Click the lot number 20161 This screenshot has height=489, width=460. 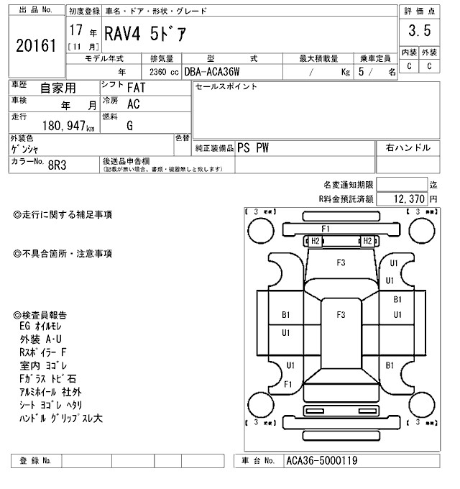35,45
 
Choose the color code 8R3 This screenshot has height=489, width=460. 57,164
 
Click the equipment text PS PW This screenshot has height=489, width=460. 254,148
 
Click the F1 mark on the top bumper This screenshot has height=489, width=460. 326,229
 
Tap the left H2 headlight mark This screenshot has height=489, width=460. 315,241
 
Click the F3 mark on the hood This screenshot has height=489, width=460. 341,263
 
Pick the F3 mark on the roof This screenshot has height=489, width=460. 341,315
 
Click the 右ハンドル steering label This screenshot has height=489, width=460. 408,148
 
